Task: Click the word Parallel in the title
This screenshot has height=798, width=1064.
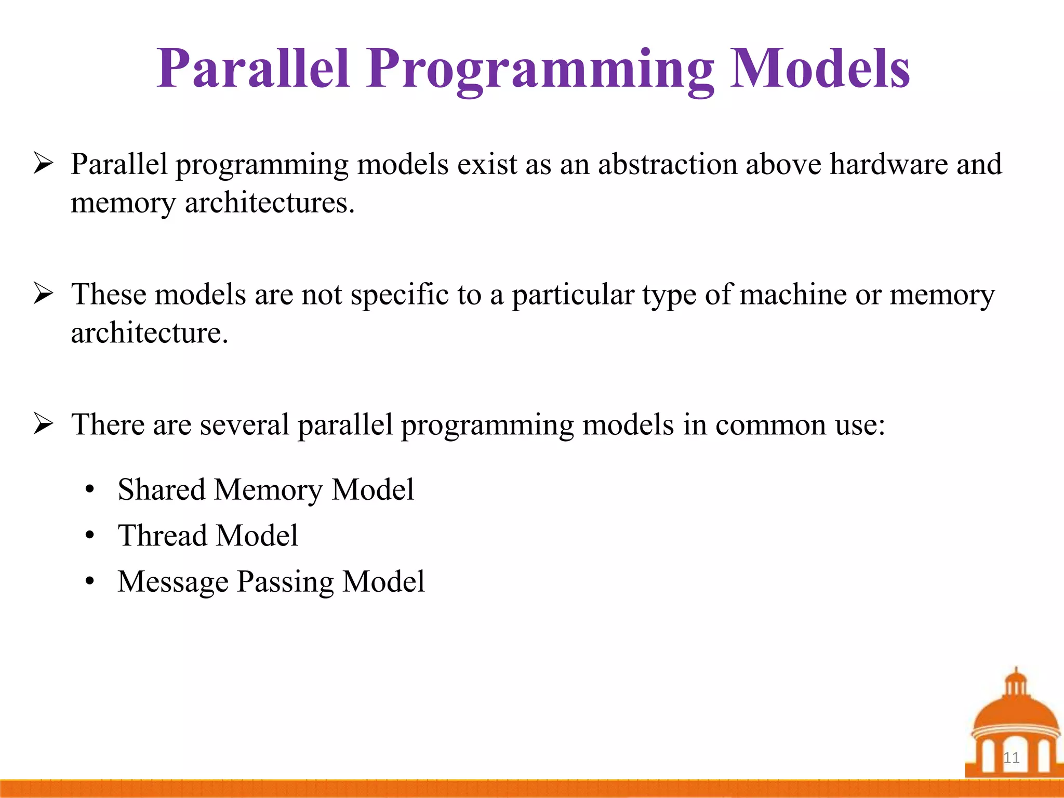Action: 253,69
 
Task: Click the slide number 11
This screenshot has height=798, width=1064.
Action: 1011,757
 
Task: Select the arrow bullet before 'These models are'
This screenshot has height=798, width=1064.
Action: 43,294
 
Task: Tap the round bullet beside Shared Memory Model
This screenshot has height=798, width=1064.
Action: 90,489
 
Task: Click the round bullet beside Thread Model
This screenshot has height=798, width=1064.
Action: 90,535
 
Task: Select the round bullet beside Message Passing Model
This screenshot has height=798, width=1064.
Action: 90,581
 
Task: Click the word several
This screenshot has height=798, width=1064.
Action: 244,424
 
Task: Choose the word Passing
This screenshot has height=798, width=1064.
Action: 285,582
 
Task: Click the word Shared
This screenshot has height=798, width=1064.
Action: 162,489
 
